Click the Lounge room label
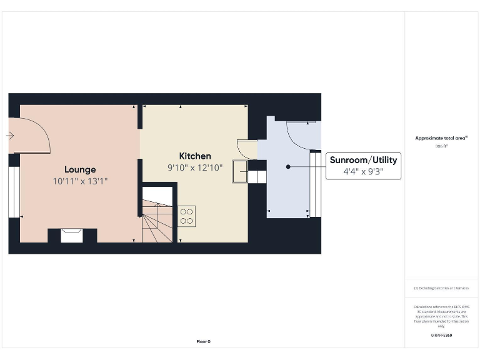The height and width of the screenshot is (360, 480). [80, 169]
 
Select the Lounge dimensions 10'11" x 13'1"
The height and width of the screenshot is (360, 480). [80, 181]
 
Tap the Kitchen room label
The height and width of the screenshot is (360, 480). [195, 156]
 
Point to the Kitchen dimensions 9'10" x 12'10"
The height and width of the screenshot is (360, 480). [195, 167]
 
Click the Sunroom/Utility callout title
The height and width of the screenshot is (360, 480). [363, 160]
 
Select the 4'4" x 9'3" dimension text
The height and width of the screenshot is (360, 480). [363, 171]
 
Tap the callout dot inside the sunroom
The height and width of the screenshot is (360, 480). [288, 167]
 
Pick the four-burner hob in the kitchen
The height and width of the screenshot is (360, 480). [187, 216]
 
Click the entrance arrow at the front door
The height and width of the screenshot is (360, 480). [11, 135]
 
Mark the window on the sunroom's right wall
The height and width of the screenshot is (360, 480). [315, 191]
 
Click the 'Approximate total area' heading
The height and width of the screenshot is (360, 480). [441, 138]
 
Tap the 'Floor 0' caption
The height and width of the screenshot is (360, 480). [204, 341]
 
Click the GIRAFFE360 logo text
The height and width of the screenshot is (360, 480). [441, 336]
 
